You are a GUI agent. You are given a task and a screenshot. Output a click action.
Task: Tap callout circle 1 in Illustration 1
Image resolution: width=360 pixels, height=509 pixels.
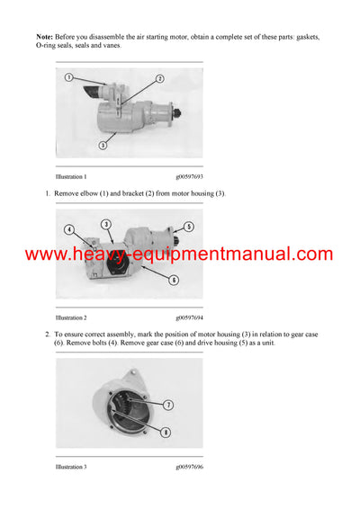(x=68, y=78)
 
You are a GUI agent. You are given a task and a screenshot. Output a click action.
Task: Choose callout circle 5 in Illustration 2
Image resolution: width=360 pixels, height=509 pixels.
(x=188, y=226)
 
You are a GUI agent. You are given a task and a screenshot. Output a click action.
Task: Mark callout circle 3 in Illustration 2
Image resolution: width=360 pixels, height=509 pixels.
(x=105, y=223)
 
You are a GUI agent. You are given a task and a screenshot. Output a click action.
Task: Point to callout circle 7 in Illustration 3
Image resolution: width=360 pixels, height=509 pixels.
(x=168, y=405)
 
